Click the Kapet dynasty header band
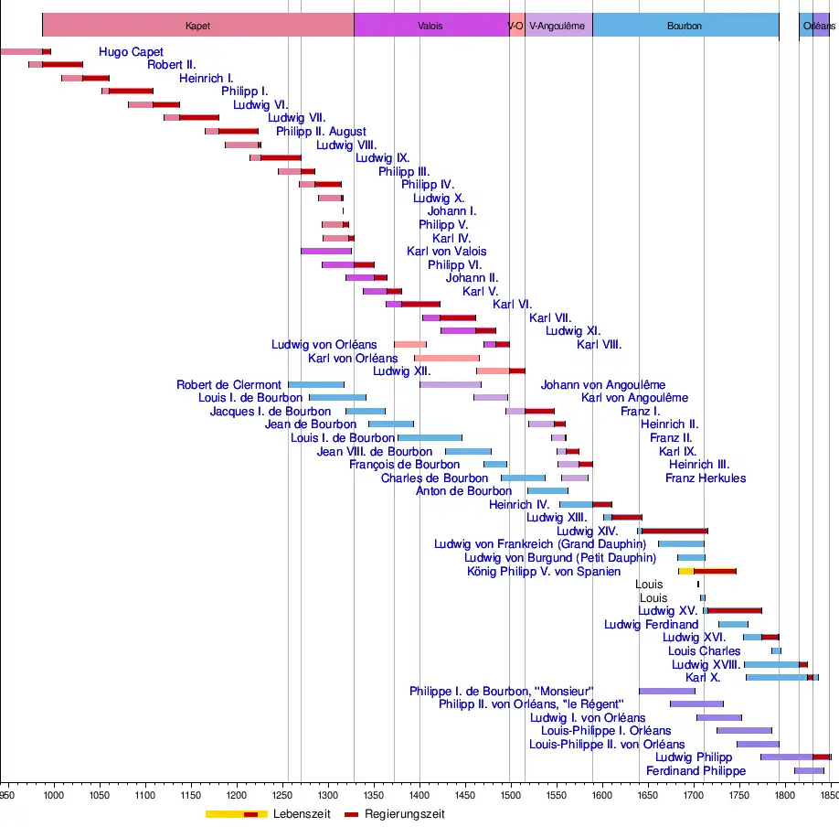pos(197,26)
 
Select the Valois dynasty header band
pos(430,26)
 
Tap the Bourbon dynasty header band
pos(685,26)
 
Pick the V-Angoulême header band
pos(558,26)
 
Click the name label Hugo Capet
pos(131,52)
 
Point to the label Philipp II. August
pos(321,132)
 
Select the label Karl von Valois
pos(446,252)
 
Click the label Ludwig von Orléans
pos(324,345)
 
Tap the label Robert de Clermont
pos(228,385)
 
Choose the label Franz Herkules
pos(705,478)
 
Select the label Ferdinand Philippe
pos(696,771)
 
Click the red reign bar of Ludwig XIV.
pos(674,531)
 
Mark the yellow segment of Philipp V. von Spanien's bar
pos(685,571)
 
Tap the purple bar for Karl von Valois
pos(326,251)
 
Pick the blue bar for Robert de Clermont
pos(316,384)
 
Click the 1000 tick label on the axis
pos(53,797)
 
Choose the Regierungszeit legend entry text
pos(404,814)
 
